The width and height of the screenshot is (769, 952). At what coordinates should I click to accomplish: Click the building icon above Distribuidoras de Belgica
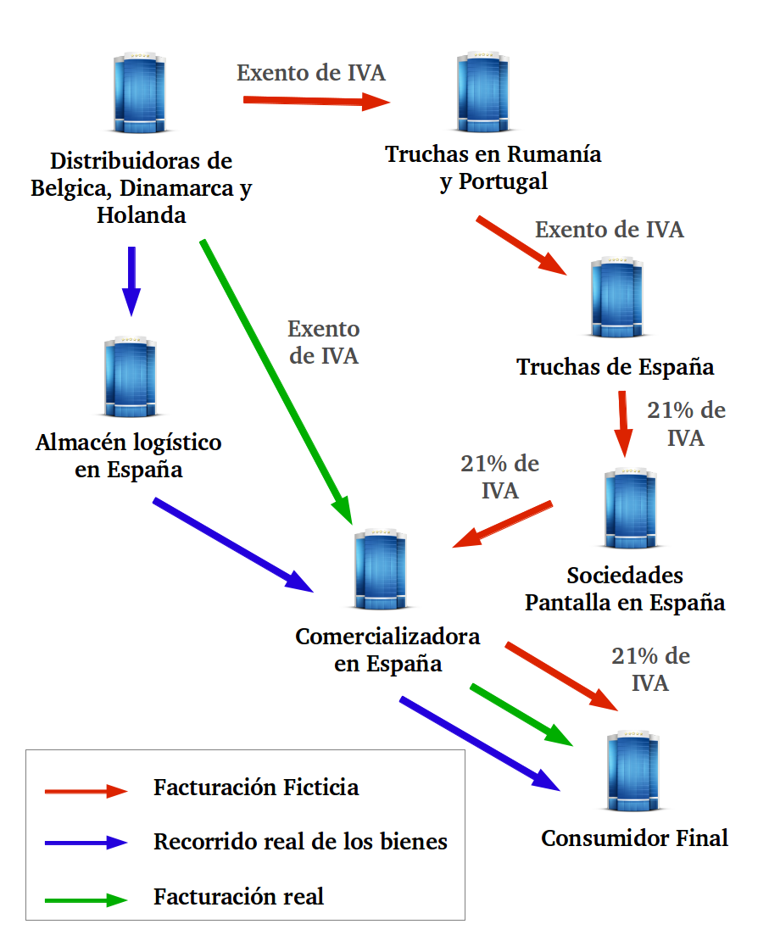(139, 93)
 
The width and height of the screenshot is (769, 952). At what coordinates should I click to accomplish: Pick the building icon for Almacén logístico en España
(131, 377)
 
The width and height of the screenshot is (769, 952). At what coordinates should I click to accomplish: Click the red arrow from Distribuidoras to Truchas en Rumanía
(315, 102)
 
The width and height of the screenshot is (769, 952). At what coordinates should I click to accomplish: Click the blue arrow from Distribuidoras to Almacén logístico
(131, 281)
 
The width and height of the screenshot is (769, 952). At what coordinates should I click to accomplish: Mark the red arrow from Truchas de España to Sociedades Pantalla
(623, 423)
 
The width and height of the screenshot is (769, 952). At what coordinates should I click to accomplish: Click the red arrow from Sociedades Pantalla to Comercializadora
(503, 524)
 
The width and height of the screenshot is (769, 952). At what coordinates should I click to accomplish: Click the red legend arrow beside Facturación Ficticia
(86, 790)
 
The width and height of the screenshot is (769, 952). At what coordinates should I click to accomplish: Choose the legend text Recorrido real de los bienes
(300, 842)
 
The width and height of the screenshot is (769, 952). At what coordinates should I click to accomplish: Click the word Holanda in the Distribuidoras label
(141, 215)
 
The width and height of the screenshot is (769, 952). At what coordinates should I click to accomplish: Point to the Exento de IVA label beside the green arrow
(324, 342)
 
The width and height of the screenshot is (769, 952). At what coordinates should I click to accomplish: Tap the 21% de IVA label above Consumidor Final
(650, 670)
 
